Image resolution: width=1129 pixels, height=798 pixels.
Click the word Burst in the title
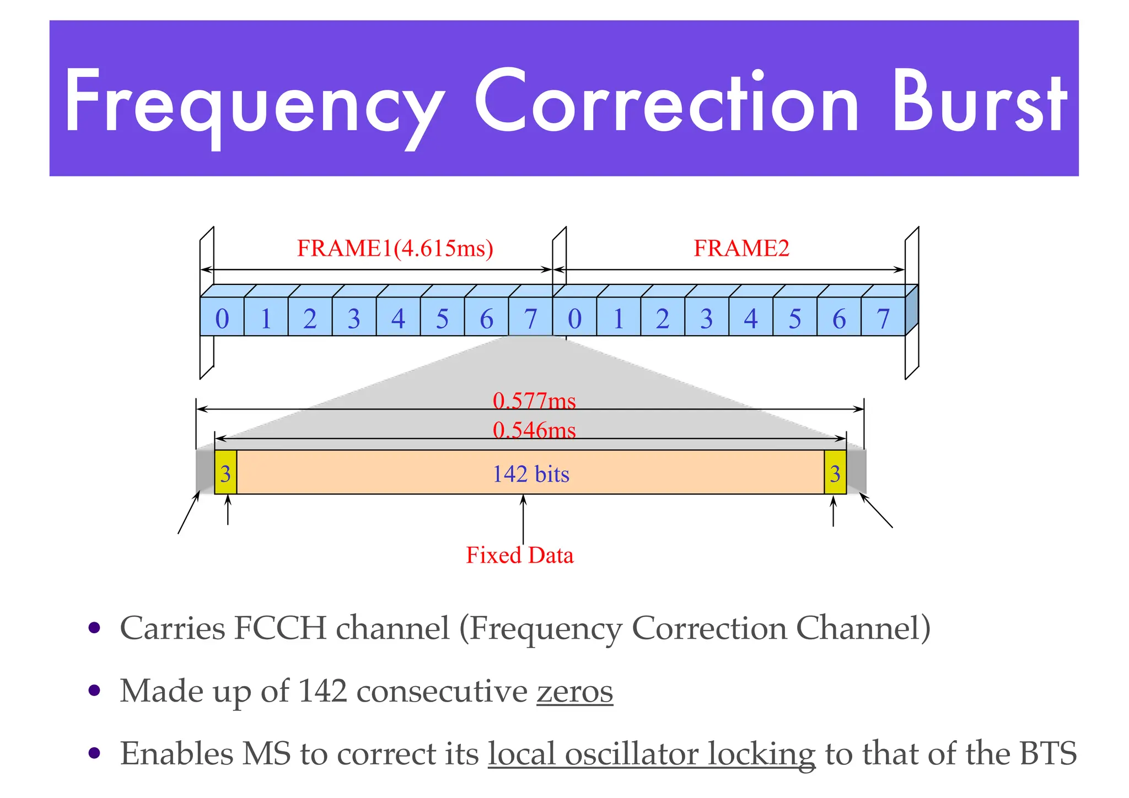point(979,103)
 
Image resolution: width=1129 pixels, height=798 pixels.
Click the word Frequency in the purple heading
point(254,105)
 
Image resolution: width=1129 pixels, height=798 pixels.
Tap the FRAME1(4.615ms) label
point(395,248)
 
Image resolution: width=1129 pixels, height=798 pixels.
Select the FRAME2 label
point(741,248)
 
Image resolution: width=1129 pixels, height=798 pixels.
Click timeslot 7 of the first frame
point(530,319)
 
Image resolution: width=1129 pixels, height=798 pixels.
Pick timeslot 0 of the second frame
point(574,319)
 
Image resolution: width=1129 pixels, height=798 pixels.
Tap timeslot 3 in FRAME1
point(354,319)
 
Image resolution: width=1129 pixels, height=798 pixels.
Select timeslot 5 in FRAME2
point(794,319)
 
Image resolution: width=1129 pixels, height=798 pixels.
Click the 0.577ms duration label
point(534,401)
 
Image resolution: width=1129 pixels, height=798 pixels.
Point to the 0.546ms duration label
point(534,430)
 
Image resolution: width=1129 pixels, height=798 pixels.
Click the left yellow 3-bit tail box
point(225,473)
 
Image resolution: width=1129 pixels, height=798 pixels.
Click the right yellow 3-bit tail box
point(835,473)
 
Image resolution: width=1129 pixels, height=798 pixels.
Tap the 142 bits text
point(530,474)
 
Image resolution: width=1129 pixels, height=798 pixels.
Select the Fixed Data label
point(519,555)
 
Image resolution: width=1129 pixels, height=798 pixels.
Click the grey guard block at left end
point(205,472)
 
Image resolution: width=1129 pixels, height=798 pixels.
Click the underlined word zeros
point(574,691)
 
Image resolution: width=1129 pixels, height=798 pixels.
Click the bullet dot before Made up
point(95,691)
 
